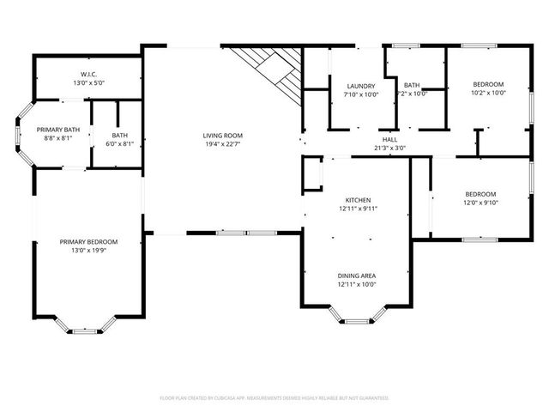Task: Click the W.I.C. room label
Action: point(88,74)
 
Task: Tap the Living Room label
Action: point(223,136)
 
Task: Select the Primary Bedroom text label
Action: point(88,242)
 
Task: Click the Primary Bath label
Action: point(58,129)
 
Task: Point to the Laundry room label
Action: point(361,86)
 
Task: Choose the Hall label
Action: point(389,139)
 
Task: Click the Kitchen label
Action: point(357,199)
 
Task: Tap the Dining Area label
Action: point(357,276)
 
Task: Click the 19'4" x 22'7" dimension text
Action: point(223,145)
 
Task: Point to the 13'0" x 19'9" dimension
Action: point(88,251)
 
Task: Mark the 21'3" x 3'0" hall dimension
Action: point(389,148)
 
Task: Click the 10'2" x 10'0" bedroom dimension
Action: point(488,94)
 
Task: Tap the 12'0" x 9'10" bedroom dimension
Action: point(480,203)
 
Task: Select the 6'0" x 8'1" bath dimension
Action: point(119,144)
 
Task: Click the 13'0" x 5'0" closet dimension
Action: point(88,83)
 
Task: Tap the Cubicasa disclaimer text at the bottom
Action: point(274,398)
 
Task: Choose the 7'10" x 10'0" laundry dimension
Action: point(361,94)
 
